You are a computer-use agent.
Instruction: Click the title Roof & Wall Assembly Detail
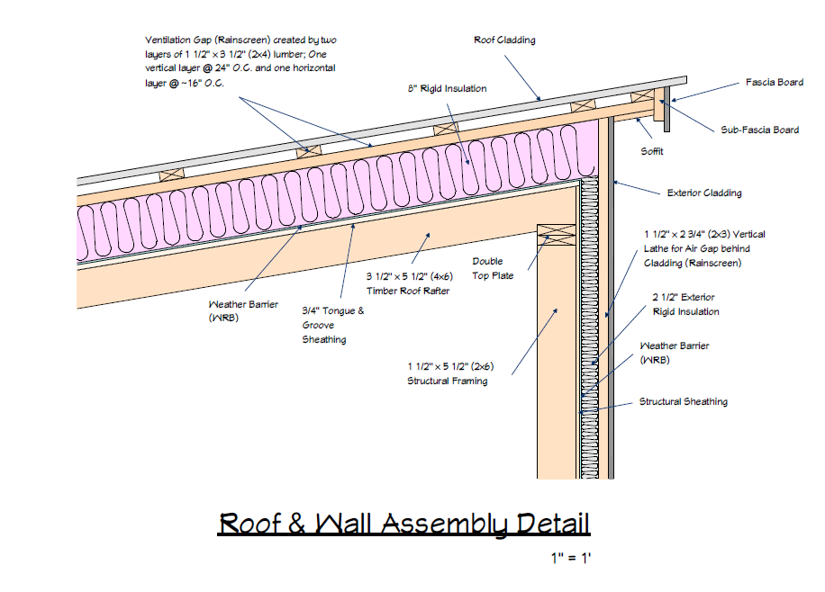[403, 524]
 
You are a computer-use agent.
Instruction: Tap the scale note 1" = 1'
[571, 559]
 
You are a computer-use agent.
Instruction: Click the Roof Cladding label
[504, 40]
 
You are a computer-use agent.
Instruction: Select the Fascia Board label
[774, 82]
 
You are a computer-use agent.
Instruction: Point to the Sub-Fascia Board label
[758, 130]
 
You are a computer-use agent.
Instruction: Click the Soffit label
[652, 151]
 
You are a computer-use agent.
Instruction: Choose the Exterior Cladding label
[703, 193]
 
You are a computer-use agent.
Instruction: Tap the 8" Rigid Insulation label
[447, 88]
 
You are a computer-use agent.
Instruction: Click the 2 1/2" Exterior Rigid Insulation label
[685, 303]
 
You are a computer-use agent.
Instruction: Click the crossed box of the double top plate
[556, 234]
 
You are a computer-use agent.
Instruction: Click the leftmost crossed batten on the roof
[170, 174]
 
